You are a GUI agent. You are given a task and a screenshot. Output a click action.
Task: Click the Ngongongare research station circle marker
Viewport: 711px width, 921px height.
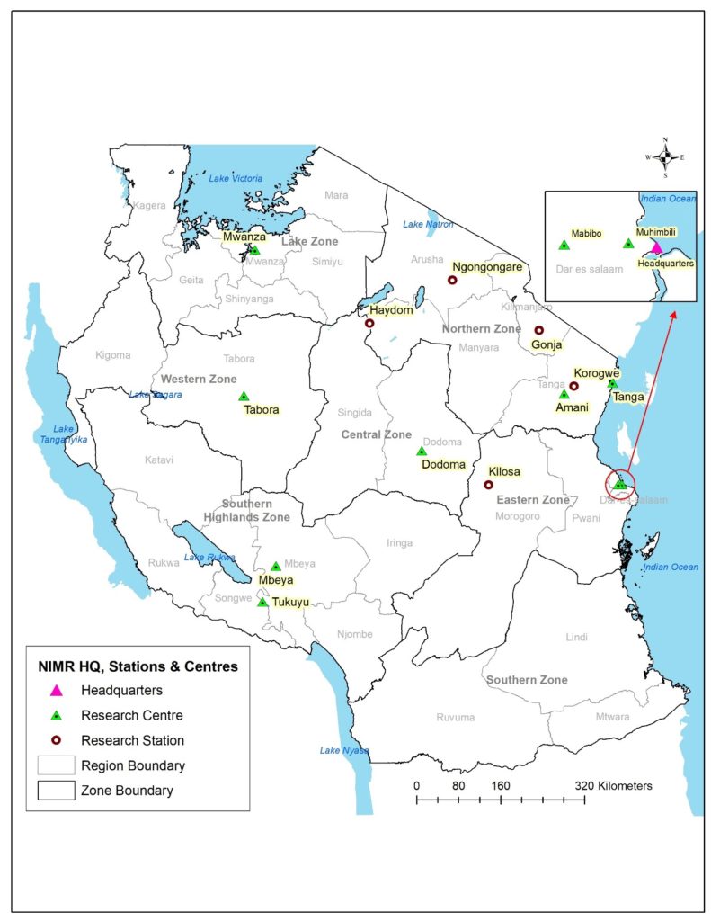(x=452, y=281)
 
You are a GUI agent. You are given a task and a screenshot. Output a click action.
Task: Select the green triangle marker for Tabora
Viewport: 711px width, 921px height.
(x=243, y=396)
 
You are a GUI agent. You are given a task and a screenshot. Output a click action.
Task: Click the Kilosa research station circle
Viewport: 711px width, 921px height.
(x=489, y=485)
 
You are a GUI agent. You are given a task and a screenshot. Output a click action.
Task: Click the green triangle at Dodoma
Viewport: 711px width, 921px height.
(x=421, y=452)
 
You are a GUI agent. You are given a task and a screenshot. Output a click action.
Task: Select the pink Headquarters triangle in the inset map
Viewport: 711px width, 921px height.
(x=656, y=246)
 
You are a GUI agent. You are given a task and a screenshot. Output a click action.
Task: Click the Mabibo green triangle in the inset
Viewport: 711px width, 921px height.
(x=564, y=244)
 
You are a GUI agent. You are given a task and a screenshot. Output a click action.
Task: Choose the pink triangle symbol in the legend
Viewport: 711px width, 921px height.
(x=56, y=691)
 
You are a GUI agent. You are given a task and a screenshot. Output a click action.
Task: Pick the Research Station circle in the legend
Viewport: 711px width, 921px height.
(x=56, y=741)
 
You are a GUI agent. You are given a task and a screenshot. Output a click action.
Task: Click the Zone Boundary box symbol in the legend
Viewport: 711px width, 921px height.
(x=56, y=791)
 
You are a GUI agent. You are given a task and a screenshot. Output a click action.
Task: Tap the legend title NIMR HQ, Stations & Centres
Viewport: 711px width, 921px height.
(x=138, y=666)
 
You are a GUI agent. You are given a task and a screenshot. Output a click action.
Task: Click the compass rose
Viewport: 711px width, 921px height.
(x=665, y=157)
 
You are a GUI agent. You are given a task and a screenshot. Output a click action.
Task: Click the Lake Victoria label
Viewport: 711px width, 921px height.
(x=236, y=179)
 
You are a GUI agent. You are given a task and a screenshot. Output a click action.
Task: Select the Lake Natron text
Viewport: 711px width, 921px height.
(x=427, y=224)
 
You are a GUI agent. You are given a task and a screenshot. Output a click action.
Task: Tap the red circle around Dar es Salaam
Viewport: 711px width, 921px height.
(x=619, y=485)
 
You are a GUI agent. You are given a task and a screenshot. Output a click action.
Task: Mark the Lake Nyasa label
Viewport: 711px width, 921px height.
(x=342, y=750)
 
